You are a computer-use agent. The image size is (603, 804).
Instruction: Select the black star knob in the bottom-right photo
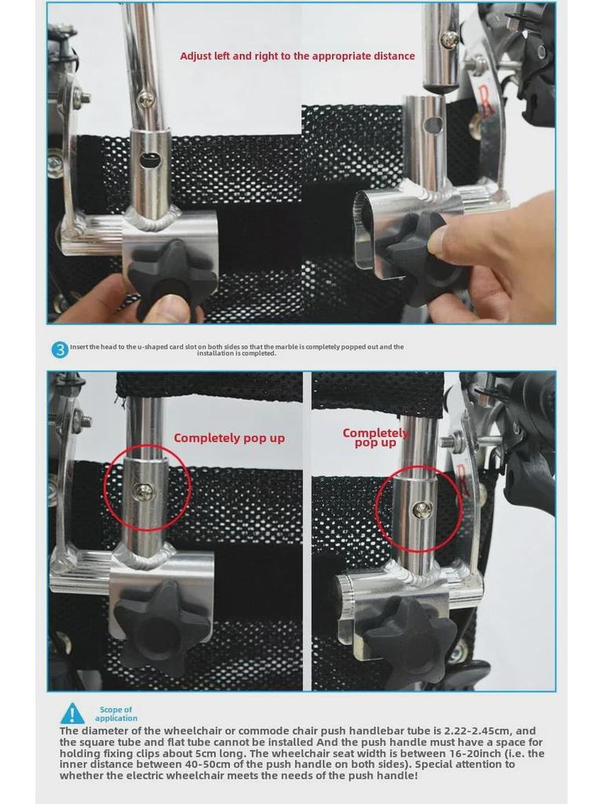click(x=411, y=640)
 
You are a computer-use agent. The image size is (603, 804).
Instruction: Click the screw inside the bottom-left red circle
click(x=144, y=492)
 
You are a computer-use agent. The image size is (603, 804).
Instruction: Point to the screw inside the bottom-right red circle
click(x=422, y=510)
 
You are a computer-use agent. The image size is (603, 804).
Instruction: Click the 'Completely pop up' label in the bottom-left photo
click(x=228, y=438)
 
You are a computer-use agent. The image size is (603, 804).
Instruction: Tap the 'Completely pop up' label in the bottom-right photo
click(x=375, y=438)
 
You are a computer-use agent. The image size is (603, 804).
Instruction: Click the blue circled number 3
click(x=60, y=350)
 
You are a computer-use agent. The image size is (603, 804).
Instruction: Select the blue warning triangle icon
click(x=72, y=714)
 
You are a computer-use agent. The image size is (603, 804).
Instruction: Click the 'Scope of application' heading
click(x=116, y=714)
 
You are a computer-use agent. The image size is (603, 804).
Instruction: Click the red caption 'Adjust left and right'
click(x=297, y=56)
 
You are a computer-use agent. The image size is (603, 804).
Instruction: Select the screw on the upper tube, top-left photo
click(x=146, y=99)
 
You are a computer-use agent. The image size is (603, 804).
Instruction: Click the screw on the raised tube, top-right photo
click(x=449, y=37)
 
